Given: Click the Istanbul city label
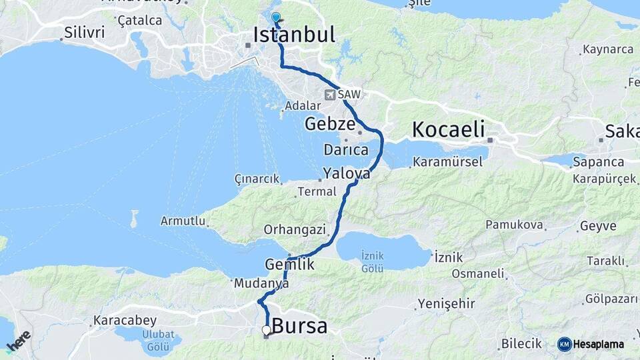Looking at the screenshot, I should [x=294, y=35].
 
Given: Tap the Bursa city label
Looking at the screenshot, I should [x=301, y=327].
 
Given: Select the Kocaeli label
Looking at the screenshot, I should [x=448, y=129].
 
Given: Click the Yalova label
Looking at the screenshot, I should [x=347, y=174].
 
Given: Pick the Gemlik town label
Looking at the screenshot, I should [x=289, y=264].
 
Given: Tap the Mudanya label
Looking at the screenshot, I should [x=261, y=283].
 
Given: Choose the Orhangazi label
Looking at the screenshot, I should [x=295, y=229].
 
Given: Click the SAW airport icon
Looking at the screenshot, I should [x=329, y=95].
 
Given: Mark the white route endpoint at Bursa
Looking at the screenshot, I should [x=266, y=329].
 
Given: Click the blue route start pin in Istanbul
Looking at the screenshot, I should [x=275, y=17].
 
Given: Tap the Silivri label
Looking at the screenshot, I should [x=80, y=31].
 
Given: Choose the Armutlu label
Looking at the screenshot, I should [x=183, y=221].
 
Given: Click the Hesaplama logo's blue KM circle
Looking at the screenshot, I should [x=565, y=344].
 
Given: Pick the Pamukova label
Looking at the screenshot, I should [x=514, y=225].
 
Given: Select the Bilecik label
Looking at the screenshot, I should [x=521, y=344].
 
